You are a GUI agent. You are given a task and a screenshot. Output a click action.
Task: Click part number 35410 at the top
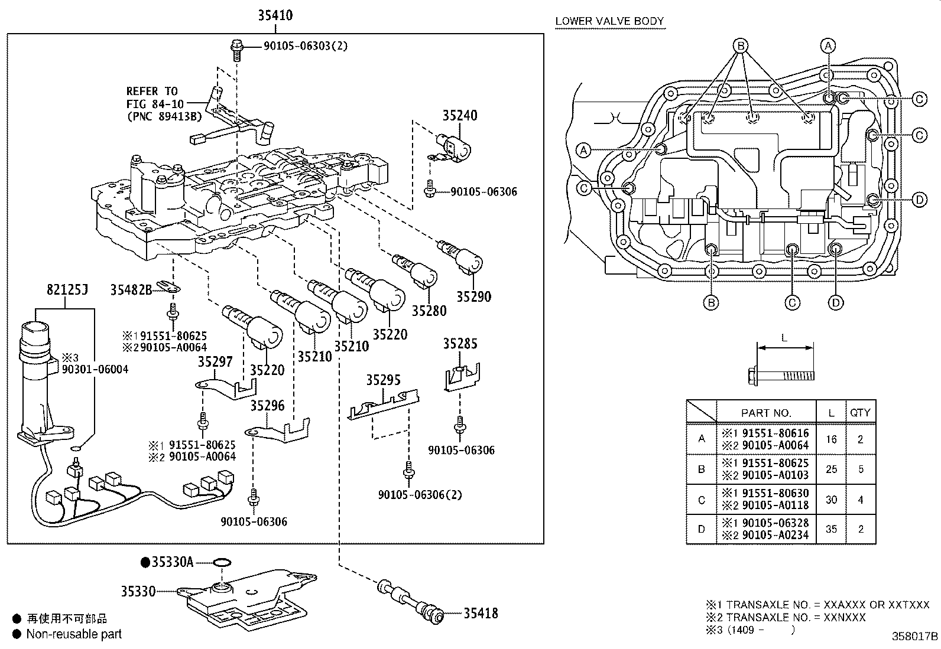[x=275, y=15]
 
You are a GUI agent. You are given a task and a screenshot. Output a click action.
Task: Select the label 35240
[x=460, y=116]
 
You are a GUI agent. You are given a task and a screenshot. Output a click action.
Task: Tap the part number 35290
[x=473, y=297]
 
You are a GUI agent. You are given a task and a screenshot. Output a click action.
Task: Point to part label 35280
[x=429, y=311]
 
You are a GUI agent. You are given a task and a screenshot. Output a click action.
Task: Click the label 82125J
[x=67, y=290]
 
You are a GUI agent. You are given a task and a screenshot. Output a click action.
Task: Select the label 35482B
[x=131, y=289]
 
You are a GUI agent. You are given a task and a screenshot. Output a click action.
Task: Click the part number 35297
[x=215, y=362]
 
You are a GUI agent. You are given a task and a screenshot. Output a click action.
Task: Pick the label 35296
[x=267, y=406]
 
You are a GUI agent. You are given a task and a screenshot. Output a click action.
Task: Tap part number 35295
[x=383, y=380]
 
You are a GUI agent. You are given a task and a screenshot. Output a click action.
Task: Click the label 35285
[x=460, y=344]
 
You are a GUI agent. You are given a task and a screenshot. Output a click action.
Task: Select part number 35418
[x=480, y=614]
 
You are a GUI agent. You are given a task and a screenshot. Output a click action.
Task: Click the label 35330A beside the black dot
[x=172, y=562]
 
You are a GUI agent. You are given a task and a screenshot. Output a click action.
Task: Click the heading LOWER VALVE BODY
[x=609, y=21]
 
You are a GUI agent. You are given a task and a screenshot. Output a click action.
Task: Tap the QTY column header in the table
[x=860, y=413]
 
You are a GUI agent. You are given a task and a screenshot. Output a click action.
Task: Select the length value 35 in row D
[x=831, y=529]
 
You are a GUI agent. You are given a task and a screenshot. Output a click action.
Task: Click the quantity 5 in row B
[x=861, y=469]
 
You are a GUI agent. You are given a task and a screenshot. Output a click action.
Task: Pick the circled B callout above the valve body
[x=740, y=45]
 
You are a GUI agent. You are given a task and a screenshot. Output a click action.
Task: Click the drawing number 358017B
[x=915, y=637]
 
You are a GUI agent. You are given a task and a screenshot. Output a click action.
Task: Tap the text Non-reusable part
[x=74, y=634]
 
